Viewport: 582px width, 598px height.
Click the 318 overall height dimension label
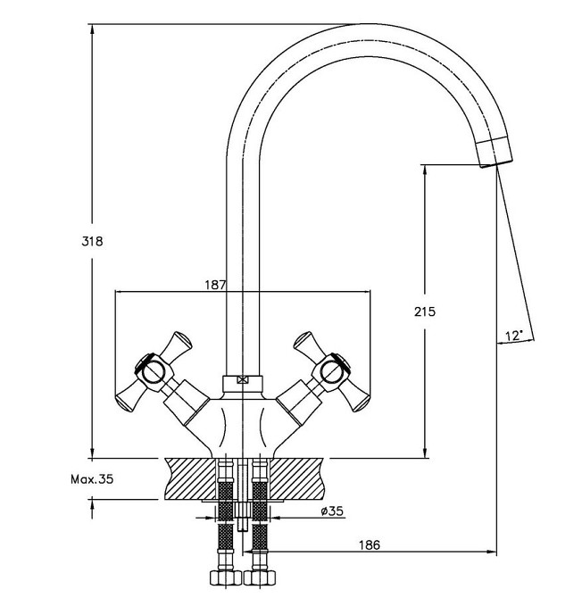(x=92, y=241)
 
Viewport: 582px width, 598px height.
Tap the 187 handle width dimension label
(x=215, y=285)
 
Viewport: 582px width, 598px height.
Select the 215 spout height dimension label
(x=425, y=311)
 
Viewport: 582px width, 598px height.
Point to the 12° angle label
(x=513, y=336)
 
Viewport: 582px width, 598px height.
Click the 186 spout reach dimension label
(x=370, y=545)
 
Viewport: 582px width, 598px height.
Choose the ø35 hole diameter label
(x=332, y=511)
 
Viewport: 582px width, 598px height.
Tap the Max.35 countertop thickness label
(x=92, y=479)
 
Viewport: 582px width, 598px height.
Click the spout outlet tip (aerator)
(x=495, y=152)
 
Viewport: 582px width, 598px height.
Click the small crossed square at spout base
(x=242, y=380)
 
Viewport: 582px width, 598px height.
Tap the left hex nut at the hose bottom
(x=226, y=577)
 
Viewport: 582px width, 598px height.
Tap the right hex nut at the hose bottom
(x=260, y=577)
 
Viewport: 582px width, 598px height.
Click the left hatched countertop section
(x=190, y=478)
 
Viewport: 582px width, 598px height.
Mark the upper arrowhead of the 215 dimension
(x=425, y=170)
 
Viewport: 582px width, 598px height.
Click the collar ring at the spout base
(x=242, y=384)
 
